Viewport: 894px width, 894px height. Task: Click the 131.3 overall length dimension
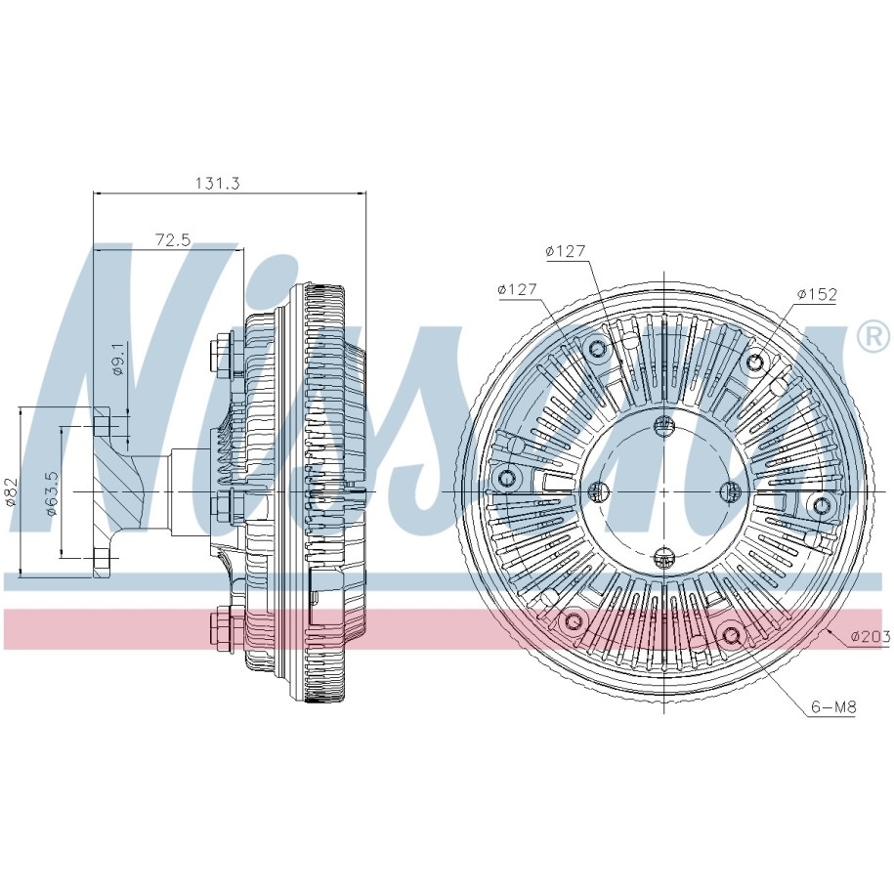(218, 183)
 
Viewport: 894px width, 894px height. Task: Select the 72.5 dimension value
(173, 239)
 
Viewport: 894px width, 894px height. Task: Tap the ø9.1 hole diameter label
(118, 359)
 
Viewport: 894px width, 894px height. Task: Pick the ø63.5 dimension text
(53, 493)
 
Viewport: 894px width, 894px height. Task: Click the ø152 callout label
(817, 294)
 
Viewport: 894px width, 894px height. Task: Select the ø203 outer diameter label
(871, 637)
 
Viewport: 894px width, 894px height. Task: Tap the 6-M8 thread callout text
(833, 707)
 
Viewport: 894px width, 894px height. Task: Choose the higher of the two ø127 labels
(566, 250)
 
